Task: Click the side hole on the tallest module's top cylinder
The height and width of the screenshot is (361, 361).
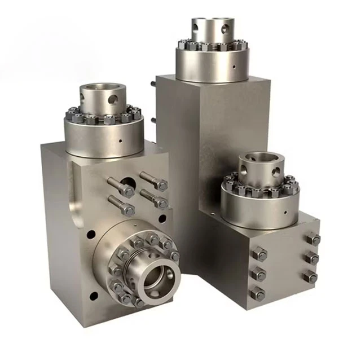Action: click(x=227, y=27)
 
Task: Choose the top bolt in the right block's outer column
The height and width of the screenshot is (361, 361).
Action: click(x=312, y=239)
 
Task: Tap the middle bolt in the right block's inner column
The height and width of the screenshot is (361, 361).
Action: click(x=258, y=273)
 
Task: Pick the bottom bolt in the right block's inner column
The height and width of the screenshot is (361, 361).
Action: click(x=257, y=293)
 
